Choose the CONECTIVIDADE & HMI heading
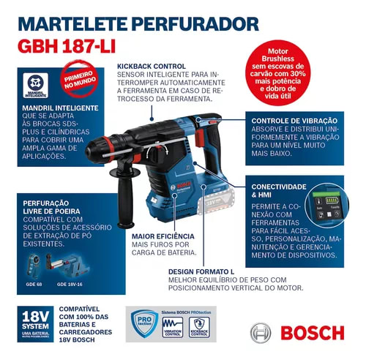coord(277,192)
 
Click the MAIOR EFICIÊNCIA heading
coord(163,236)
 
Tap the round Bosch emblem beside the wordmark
coord(262,334)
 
